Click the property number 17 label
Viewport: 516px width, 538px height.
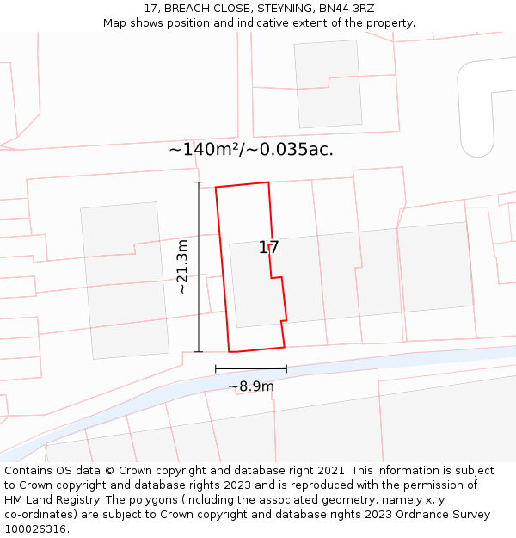click(x=268, y=248)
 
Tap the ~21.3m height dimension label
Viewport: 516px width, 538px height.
click(x=182, y=267)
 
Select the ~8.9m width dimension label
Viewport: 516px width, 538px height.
click(x=251, y=386)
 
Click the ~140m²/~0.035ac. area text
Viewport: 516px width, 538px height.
click(x=251, y=149)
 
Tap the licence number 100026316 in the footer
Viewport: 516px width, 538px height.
click(x=34, y=529)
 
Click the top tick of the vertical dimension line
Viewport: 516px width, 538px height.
click(x=199, y=182)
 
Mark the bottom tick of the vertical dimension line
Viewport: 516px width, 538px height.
click(x=199, y=351)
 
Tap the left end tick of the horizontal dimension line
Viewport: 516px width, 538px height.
click(x=216, y=368)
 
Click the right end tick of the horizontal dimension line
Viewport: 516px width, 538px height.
click(x=286, y=368)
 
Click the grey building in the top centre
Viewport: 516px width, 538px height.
click(x=327, y=83)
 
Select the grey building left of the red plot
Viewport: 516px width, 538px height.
click(x=125, y=280)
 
